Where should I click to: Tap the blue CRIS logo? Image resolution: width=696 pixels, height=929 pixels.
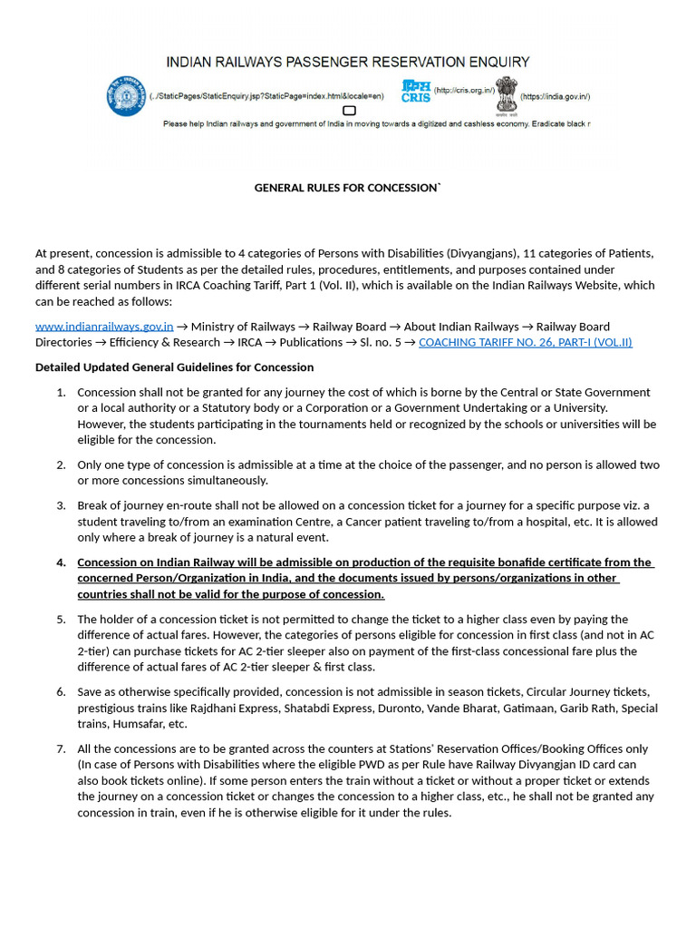point(416,91)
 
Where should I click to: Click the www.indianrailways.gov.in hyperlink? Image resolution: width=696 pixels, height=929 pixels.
point(104,327)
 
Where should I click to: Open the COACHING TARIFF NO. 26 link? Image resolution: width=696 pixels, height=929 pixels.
point(525,343)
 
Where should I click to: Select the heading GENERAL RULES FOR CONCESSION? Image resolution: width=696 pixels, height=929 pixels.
point(347,188)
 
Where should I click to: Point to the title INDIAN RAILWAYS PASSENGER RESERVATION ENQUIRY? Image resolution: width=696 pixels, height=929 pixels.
point(347,62)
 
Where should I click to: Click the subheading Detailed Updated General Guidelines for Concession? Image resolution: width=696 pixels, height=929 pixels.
point(174,367)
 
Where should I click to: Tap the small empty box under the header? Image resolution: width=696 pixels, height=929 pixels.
point(349,111)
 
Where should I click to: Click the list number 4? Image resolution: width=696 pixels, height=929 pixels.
point(61,562)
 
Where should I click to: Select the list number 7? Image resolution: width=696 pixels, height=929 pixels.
point(61,749)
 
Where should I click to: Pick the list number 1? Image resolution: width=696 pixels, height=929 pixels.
point(61,393)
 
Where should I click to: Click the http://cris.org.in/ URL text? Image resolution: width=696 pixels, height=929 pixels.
point(463,91)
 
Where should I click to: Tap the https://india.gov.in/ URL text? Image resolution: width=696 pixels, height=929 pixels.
point(555,96)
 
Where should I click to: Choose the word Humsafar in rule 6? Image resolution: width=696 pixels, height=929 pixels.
point(137,724)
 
